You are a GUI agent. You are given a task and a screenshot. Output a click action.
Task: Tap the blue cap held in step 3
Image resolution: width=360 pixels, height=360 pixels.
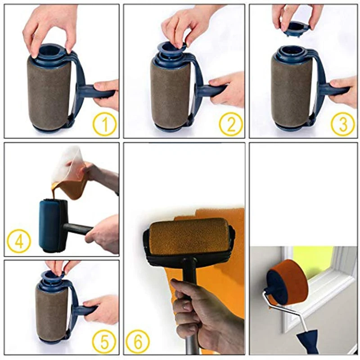[x=294, y=28]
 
